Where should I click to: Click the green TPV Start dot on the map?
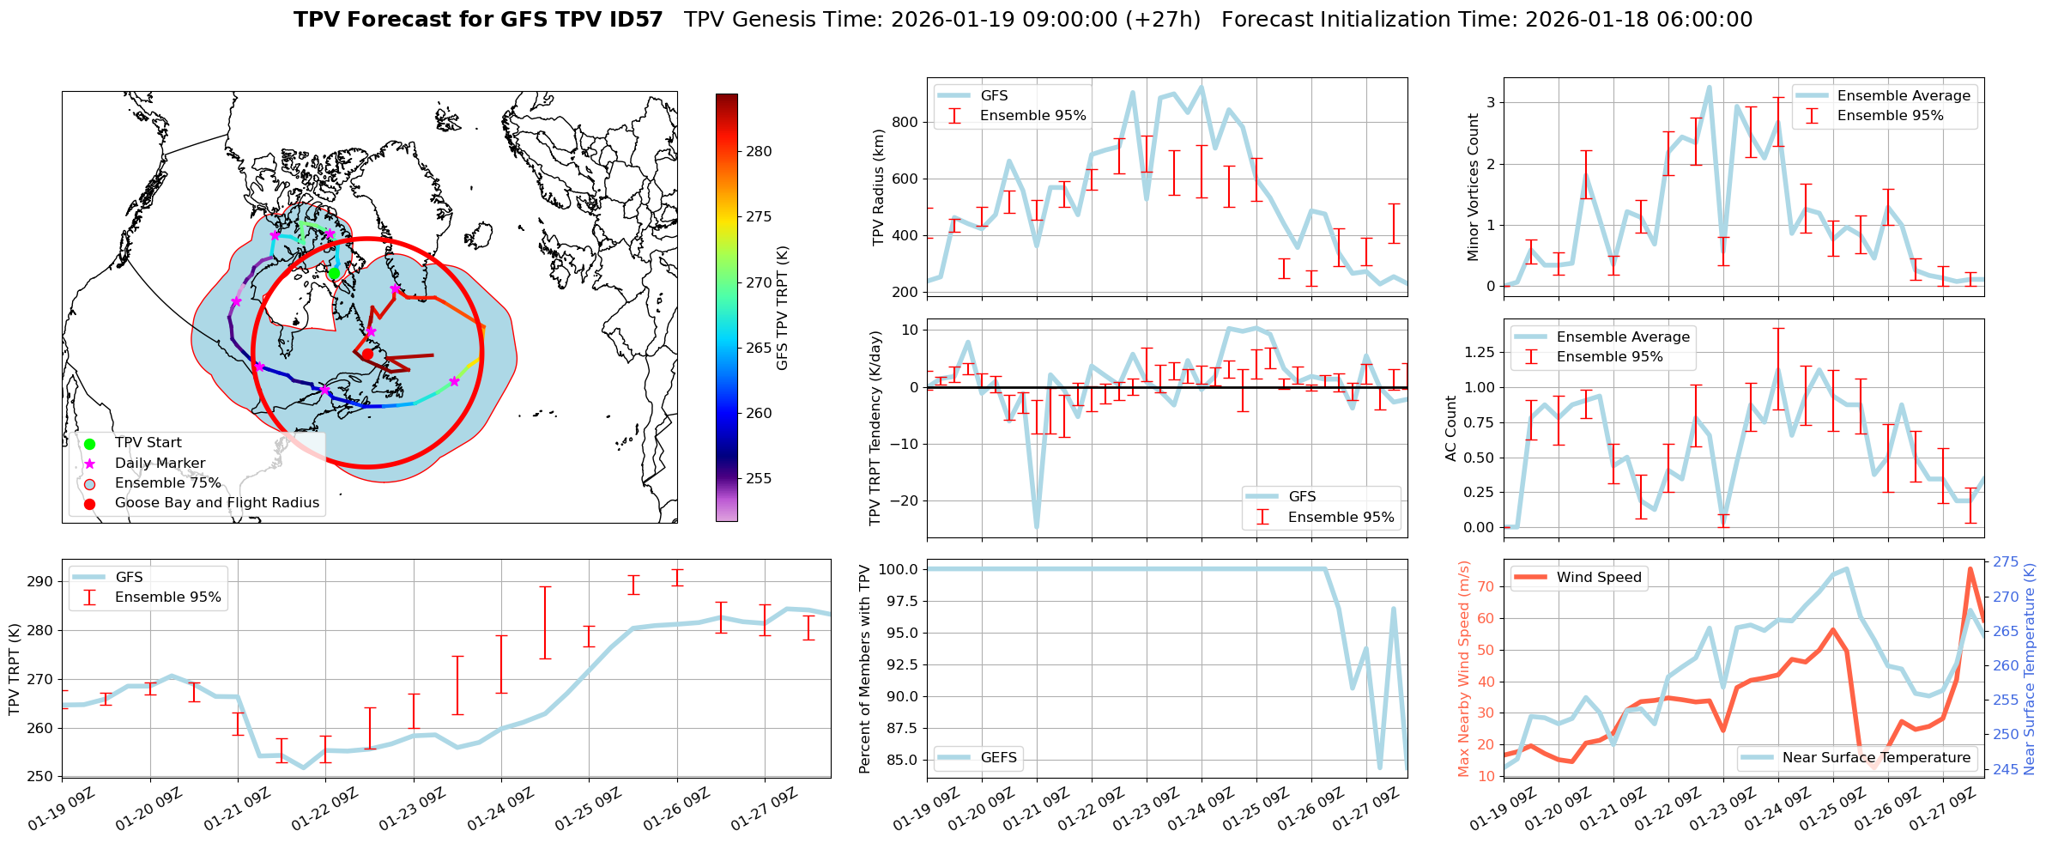coord(334,273)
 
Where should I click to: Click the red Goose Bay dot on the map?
coord(367,354)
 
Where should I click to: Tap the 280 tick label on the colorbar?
coord(759,152)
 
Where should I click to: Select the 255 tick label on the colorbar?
coord(759,479)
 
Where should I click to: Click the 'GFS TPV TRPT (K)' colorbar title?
coord(782,308)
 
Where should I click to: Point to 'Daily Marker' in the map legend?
coord(160,464)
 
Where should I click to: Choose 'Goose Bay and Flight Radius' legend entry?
coord(216,503)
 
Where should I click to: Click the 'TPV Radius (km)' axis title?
coord(878,187)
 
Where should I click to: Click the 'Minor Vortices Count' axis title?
coord(1473,187)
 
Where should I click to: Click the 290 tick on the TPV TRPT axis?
coord(40,581)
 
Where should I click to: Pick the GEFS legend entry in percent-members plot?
coord(998,758)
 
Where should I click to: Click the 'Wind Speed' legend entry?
coord(1598,578)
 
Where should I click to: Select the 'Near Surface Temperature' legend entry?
coord(1876,758)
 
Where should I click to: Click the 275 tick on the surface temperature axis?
coord(2006,562)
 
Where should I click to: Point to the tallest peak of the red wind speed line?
coord(1970,568)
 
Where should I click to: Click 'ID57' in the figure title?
coord(633,20)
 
